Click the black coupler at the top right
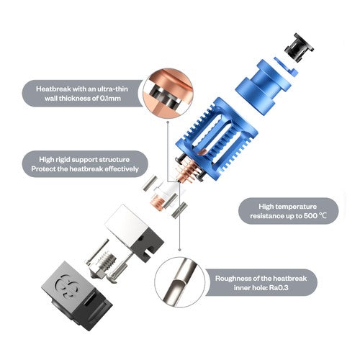tap(299, 48)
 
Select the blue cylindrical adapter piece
tap(264, 86)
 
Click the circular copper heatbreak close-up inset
tap(168, 93)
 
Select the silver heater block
tap(135, 233)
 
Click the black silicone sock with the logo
tap(77, 296)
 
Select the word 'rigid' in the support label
tap(63, 160)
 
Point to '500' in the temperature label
tap(310, 216)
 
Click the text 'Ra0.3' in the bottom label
tap(279, 287)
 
